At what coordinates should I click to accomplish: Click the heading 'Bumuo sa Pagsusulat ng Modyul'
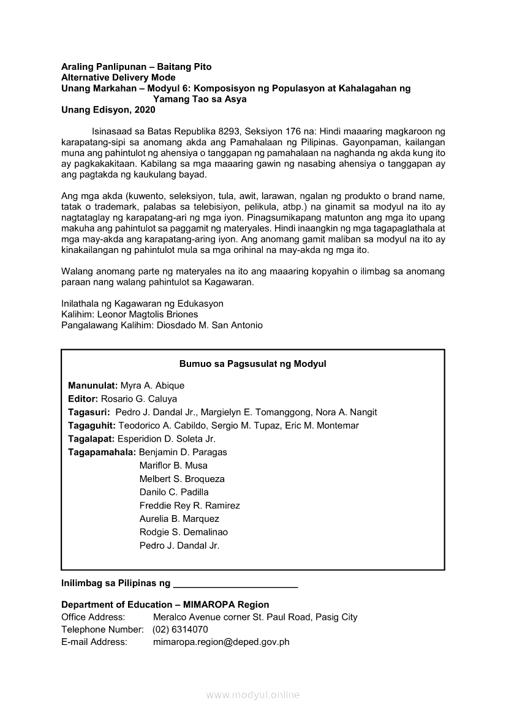pyautogui.click(x=252, y=364)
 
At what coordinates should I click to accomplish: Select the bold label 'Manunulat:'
pyautogui.click(x=93, y=386)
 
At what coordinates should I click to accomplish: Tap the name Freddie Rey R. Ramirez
pyautogui.click(x=189, y=506)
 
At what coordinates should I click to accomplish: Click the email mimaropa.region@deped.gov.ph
pyautogui.click(x=221, y=642)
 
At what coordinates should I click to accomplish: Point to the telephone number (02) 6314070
pyautogui.click(x=180, y=630)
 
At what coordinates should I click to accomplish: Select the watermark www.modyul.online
pyautogui.click(x=253, y=695)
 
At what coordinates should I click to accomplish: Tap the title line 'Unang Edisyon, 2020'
pyautogui.click(x=108, y=110)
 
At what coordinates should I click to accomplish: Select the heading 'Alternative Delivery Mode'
pyautogui.click(x=118, y=78)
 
